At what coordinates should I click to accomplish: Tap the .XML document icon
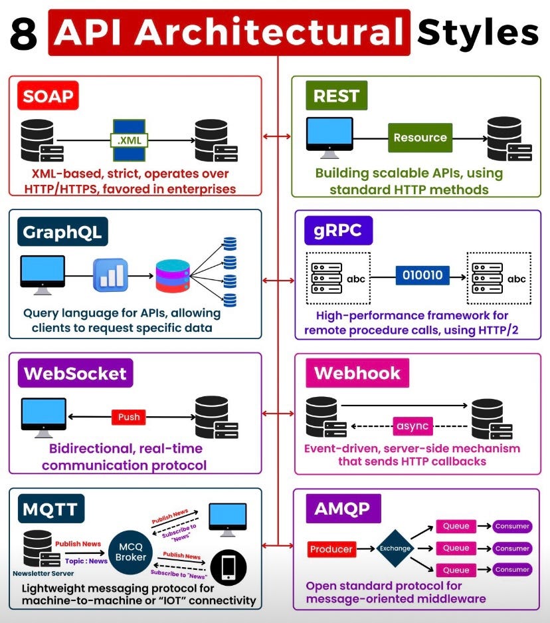tap(129, 140)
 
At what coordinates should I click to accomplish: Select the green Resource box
tap(420, 138)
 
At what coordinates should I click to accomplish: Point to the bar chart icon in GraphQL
tap(110, 275)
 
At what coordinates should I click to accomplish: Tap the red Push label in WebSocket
tap(129, 417)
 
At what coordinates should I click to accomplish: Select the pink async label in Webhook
tap(412, 426)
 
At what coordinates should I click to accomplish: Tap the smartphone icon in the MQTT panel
tap(228, 567)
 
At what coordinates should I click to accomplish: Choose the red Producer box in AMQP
tap(331, 549)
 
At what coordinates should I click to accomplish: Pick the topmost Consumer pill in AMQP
tap(512, 526)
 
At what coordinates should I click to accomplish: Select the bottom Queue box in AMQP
tap(456, 570)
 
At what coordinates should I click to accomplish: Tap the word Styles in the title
tap(477, 32)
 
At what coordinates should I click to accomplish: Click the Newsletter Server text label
tap(43, 572)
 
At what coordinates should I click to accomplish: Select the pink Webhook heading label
tap(357, 373)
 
